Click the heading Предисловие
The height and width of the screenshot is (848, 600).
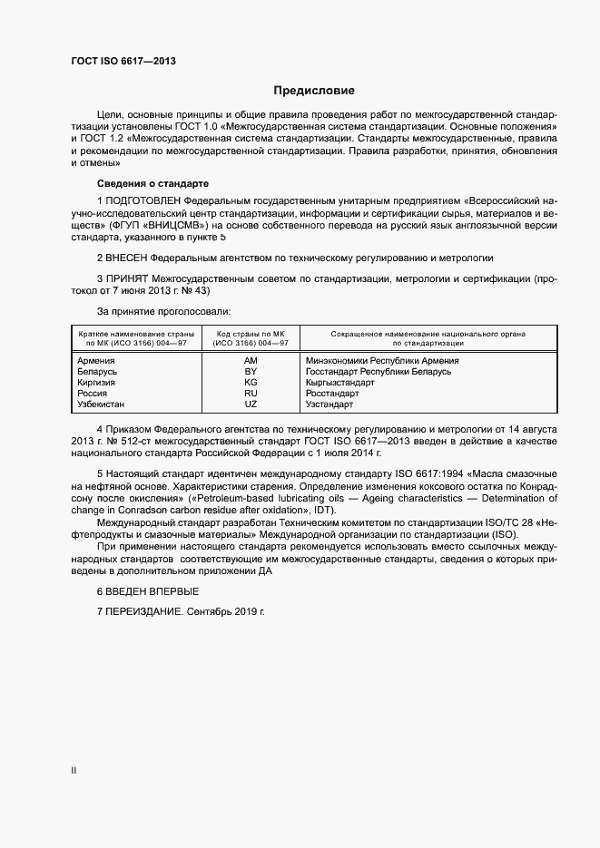coord(315,91)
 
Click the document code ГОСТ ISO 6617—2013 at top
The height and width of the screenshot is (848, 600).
coord(123,61)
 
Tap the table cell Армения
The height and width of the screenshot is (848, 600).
coord(97,360)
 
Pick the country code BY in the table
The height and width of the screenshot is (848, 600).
coord(251,372)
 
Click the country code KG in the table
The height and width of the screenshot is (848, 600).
coord(251,383)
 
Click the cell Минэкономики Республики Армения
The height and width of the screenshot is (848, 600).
coord(382,360)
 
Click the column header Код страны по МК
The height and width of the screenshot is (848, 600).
coord(251,334)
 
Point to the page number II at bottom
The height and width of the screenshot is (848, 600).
coord(74,771)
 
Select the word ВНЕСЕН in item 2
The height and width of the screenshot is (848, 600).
coord(128,258)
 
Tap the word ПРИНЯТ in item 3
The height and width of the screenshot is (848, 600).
coord(128,279)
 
